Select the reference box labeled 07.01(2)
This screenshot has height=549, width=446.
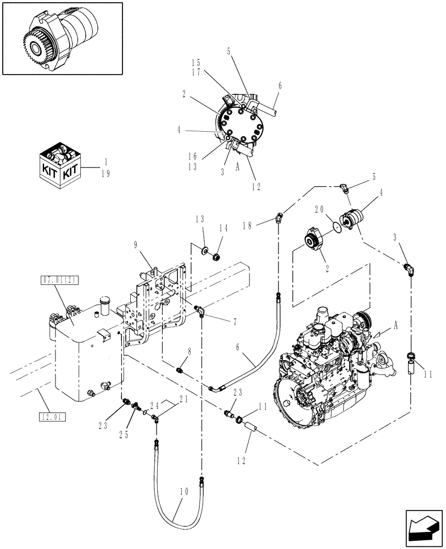coord(59,280)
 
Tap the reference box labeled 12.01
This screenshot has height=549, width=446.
coord(53,417)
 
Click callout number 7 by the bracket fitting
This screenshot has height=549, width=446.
coord(222,318)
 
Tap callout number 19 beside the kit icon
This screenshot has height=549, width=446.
coord(107,172)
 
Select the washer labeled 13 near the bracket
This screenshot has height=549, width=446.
coord(204,251)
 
